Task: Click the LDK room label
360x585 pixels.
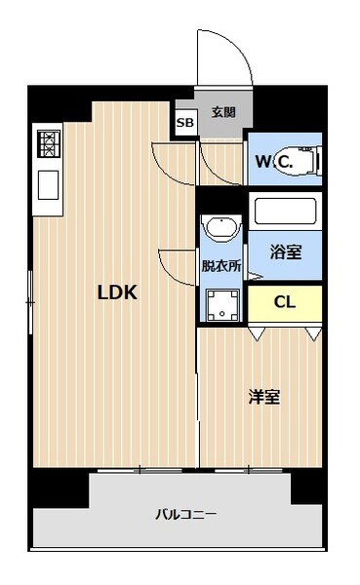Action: [x=114, y=292]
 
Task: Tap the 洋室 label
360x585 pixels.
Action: [x=263, y=397]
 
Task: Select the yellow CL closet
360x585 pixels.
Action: [x=284, y=301]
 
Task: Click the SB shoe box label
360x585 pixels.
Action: [x=184, y=123]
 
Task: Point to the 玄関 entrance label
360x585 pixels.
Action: [x=223, y=112]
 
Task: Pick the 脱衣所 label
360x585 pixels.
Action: [x=220, y=265]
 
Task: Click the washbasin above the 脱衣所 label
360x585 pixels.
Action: [x=221, y=229]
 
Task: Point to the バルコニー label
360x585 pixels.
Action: [x=184, y=514]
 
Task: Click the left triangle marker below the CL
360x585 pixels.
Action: [x=257, y=334]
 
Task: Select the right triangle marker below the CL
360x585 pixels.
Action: [x=311, y=334]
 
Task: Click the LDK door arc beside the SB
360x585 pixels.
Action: [x=171, y=161]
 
